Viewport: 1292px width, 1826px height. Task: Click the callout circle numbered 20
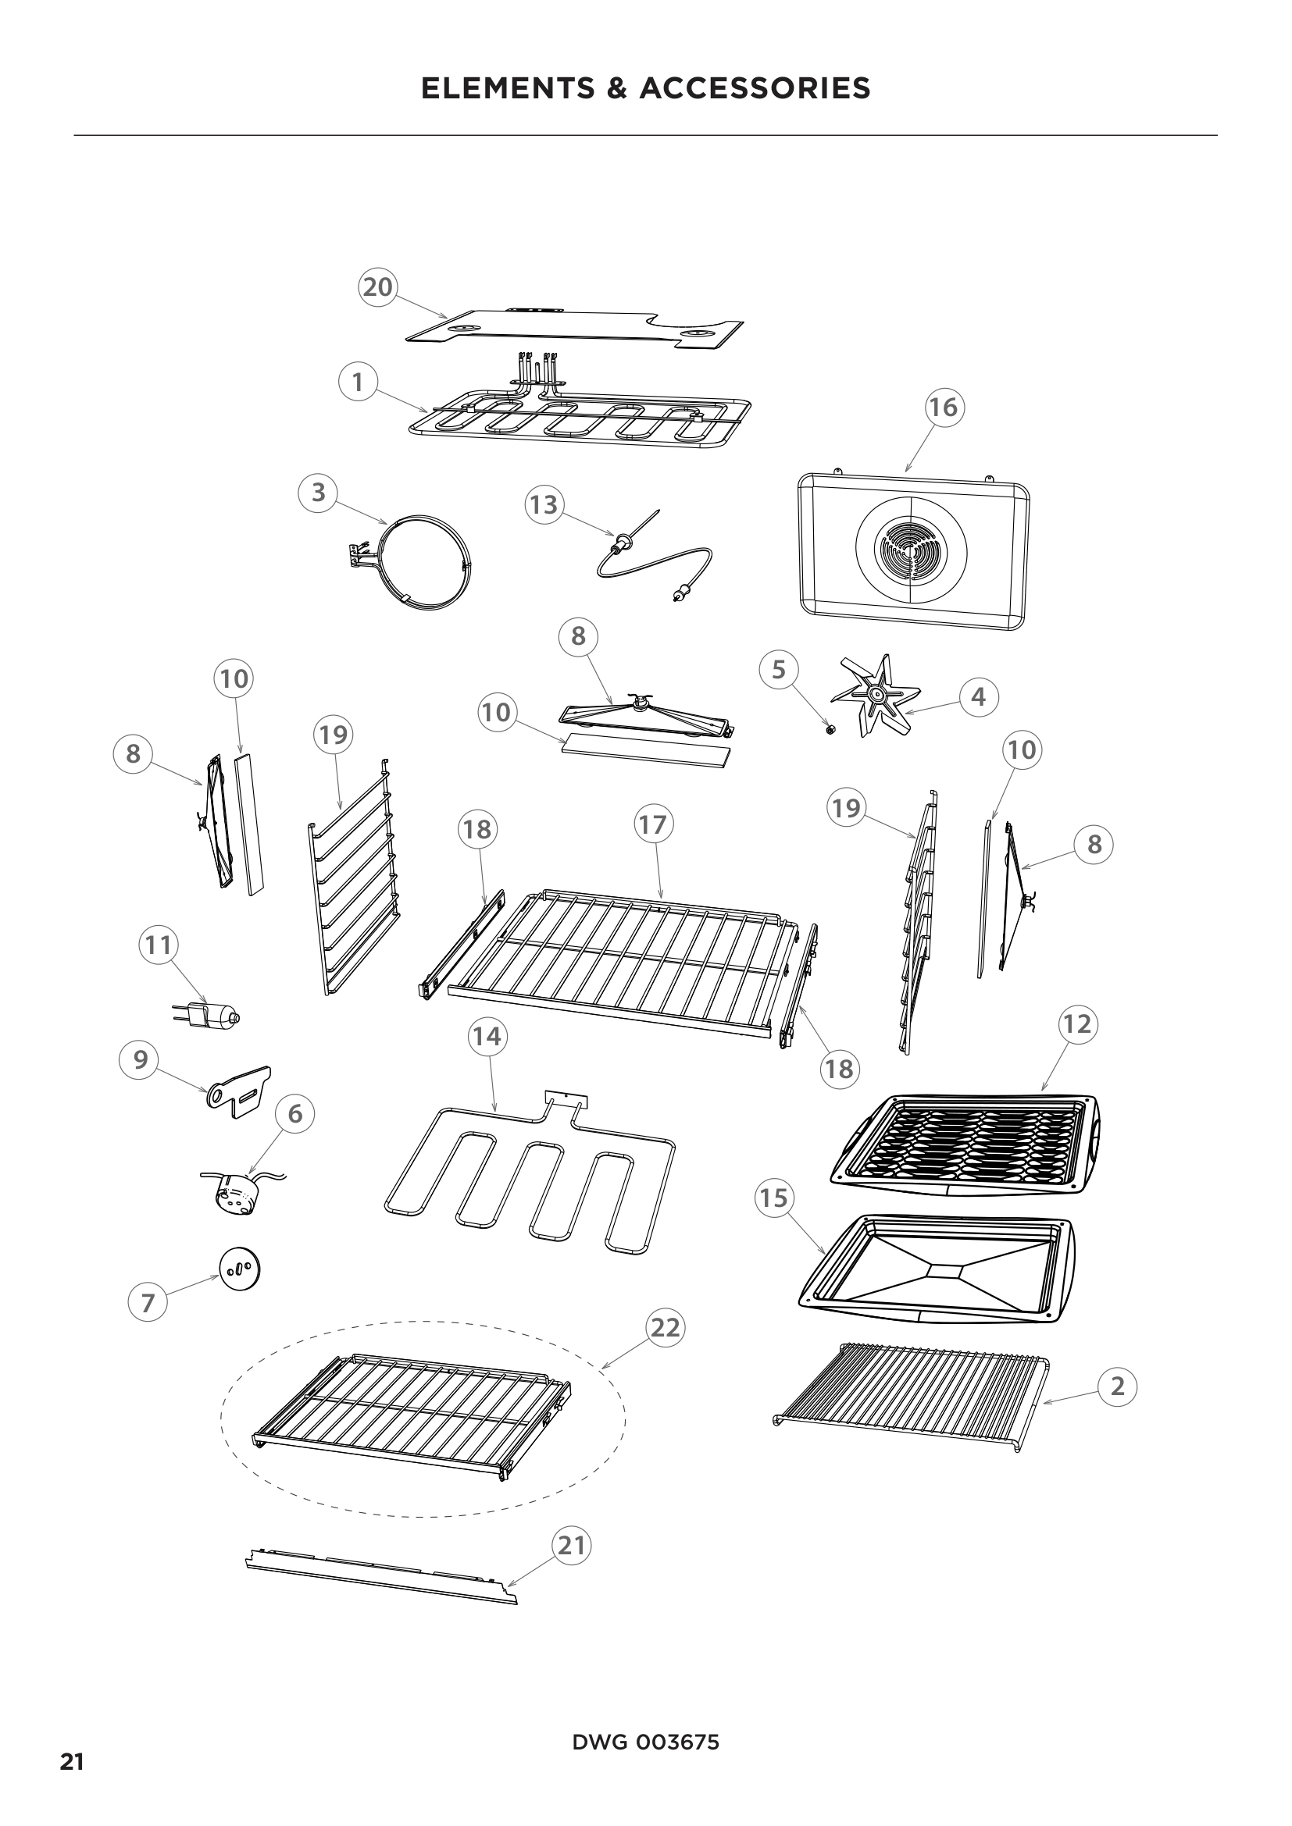(378, 287)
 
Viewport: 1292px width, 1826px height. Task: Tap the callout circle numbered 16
(944, 408)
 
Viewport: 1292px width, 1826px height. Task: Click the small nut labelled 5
(830, 730)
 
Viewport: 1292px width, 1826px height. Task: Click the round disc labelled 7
(240, 1267)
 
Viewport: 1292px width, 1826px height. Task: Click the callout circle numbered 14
(487, 1036)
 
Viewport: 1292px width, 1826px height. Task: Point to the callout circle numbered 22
(666, 1327)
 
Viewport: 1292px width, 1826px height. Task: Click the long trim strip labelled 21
(382, 1582)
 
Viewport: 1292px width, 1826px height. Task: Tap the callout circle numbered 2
(1117, 1386)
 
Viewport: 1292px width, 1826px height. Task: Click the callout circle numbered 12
(1077, 1023)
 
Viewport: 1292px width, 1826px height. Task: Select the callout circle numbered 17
(652, 824)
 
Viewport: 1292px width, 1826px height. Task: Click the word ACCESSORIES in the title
(755, 88)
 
